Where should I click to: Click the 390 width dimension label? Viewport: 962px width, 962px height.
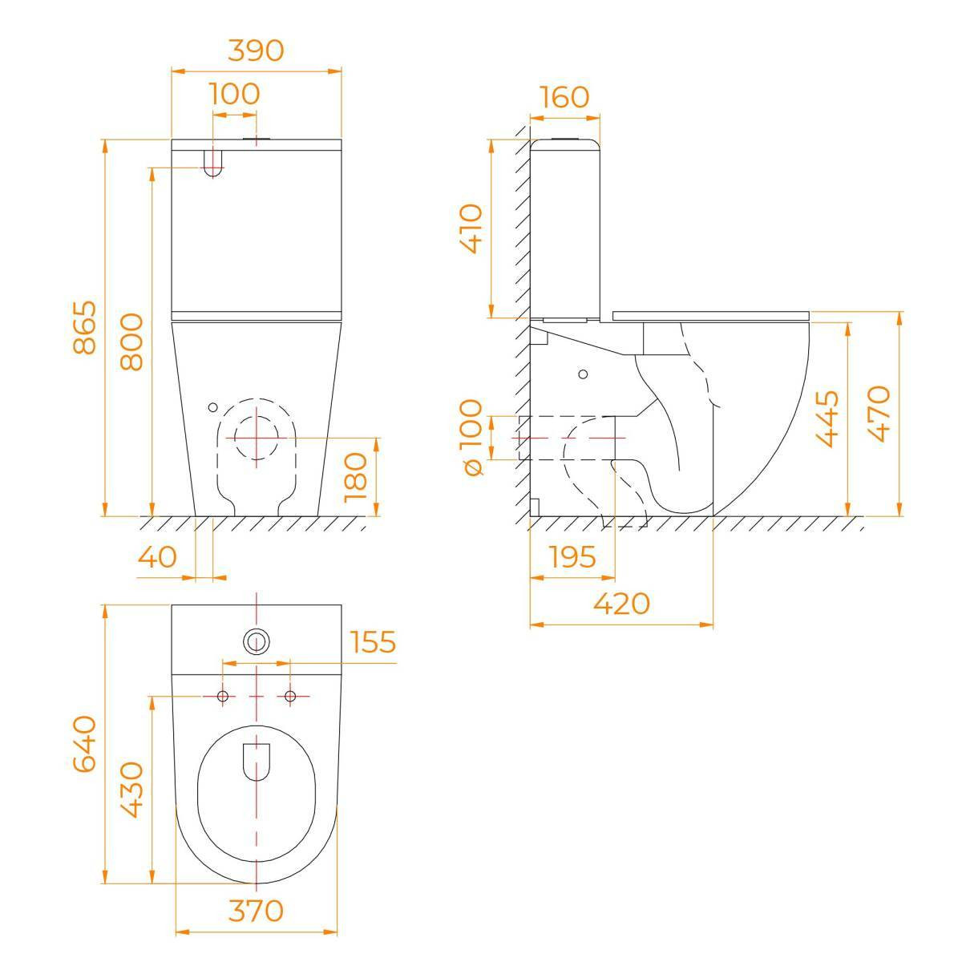256,51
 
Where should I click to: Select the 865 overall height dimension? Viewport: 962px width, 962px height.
84,327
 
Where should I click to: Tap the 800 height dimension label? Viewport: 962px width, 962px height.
131,342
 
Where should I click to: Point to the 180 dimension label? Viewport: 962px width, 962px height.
355,477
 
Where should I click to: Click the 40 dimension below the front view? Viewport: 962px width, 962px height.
157,556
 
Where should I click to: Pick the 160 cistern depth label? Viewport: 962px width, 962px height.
564,97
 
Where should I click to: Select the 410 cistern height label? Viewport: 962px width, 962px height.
471,228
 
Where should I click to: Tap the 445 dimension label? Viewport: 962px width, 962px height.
827,418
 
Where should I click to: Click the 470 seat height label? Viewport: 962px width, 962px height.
879,414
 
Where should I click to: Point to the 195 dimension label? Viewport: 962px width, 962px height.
572,556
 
